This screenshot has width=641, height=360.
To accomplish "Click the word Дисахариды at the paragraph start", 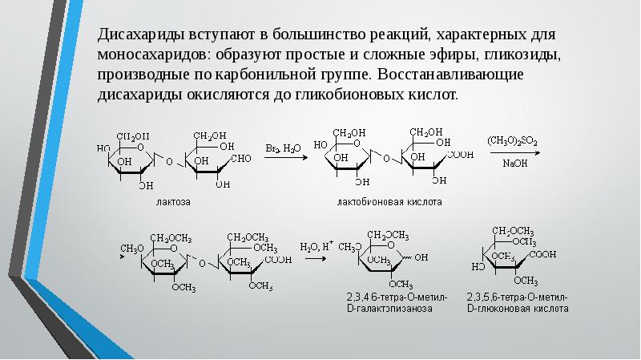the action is pos(138,37).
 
